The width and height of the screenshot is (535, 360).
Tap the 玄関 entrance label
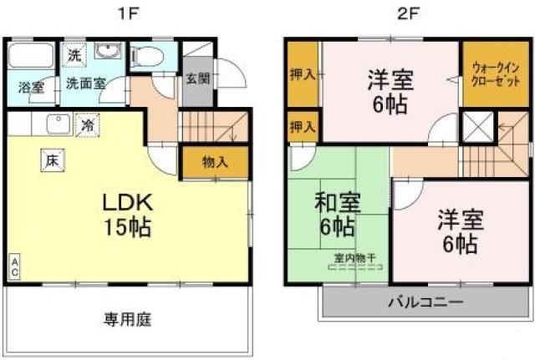pyautogui.click(x=197, y=80)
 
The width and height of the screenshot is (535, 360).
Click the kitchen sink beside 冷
pyautogui.click(x=58, y=125)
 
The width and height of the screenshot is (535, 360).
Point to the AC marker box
pyautogui.click(x=14, y=267)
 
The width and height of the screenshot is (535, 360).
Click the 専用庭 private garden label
pyautogui.click(x=128, y=318)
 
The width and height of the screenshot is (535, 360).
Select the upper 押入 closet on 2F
pyautogui.click(x=303, y=75)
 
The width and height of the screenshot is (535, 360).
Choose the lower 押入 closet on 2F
pyautogui.click(x=303, y=127)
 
